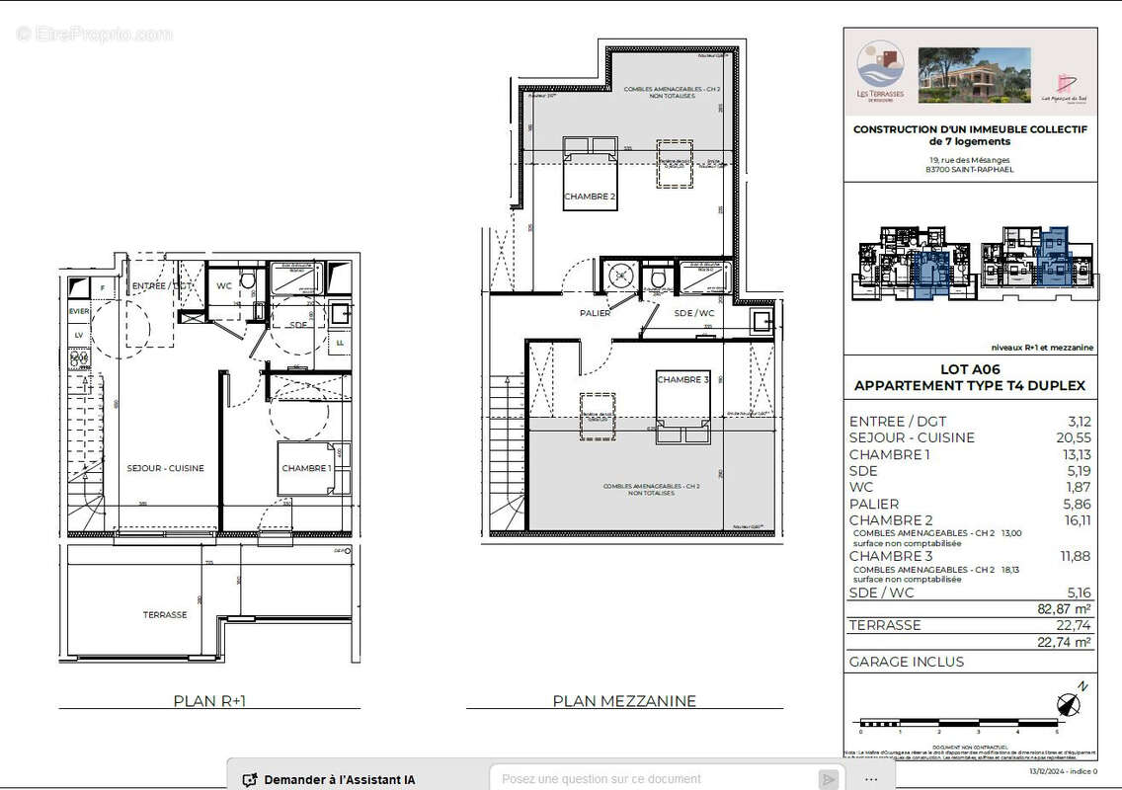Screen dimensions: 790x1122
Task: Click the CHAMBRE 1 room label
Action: pyautogui.click(x=306, y=468)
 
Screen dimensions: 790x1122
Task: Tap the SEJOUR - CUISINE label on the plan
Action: pyautogui.click(x=165, y=468)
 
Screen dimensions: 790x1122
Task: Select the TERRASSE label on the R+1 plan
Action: pyautogui.click(x=164, y=614)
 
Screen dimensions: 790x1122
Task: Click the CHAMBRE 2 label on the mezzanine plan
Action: pyautogui.click(x=590, y=197)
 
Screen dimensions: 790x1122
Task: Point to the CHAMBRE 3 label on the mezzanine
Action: pyautogui.click(x=682, y=380)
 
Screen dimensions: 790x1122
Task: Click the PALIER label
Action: pyautogui.click(x=595, y=313)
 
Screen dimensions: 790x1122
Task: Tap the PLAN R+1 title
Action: pyautogui.click(x=209, y=701)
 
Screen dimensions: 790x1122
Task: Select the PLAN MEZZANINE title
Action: pyautogui.click(x=623, y=701)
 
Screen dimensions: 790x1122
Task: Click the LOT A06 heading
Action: pyautogui.click(x=969, y=369)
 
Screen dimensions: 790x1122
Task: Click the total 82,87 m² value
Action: pyautogui.click(x=1064, y=608)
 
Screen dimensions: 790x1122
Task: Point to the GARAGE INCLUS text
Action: pyautogui.click(x=906, y=662)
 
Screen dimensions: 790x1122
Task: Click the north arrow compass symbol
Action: pyautogui.click(x=1069, y=704)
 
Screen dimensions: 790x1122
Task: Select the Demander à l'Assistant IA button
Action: pyautogui.click(x=329, y=779)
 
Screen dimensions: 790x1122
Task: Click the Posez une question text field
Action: pyautogui.click(x=652, y=779)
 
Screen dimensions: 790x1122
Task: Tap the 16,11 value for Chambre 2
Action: pyautogui.click(x=1074, y=520)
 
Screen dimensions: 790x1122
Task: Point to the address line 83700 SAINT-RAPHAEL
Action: pyautogui.click(x=969, y=169)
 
